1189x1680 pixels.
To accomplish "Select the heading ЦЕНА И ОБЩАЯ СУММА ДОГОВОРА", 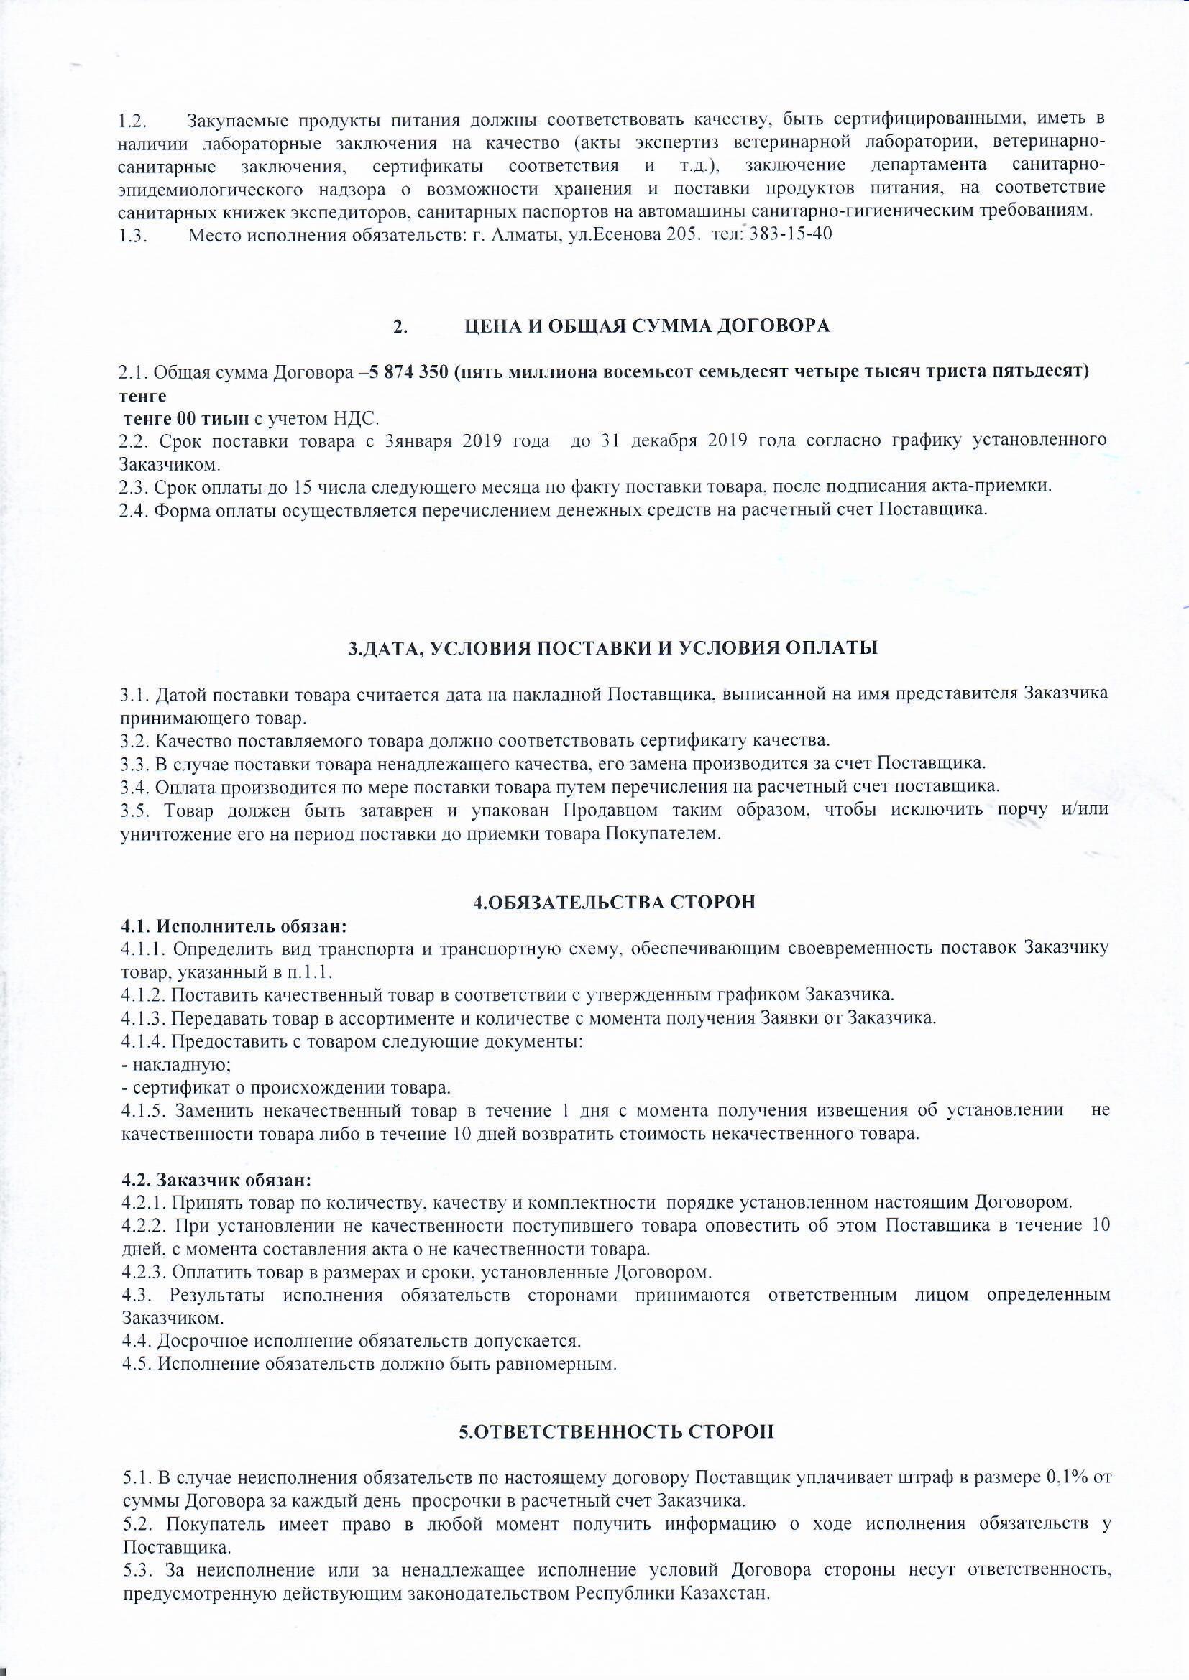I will click(648, 326).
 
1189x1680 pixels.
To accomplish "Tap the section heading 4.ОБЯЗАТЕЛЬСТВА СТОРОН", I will click(613, 903).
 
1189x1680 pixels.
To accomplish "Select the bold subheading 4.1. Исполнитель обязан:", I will click(233, 926).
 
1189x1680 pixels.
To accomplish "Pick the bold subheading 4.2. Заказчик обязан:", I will click(216, 1181).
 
